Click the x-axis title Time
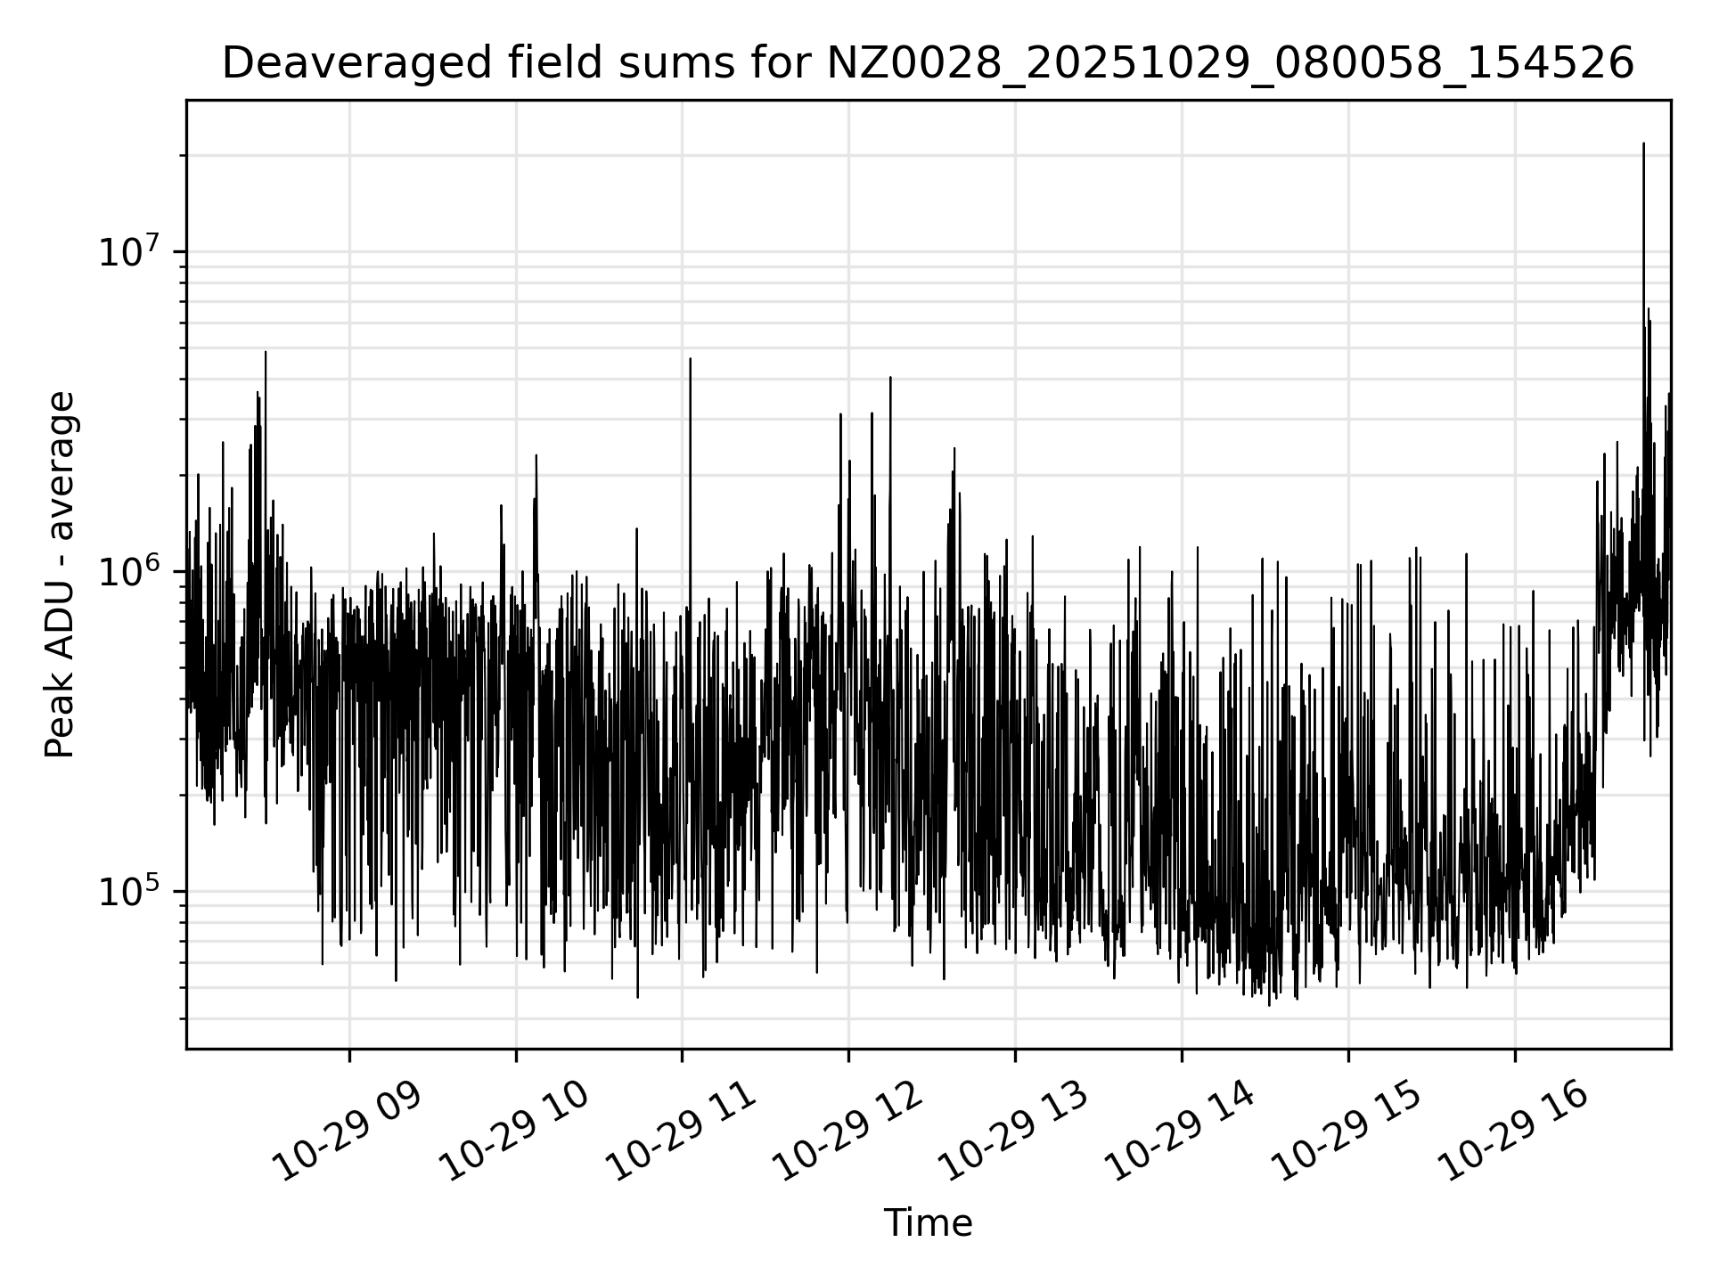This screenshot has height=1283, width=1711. pos(928,1223)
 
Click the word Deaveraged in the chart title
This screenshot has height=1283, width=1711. pos(342,64)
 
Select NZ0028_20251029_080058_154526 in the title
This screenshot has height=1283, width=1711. pos(1231,64)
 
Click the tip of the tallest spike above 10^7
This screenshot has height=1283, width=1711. pos(1643,143)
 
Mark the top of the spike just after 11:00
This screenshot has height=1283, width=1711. pos(690,359)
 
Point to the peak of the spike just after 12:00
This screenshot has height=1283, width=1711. pos(890,378)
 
